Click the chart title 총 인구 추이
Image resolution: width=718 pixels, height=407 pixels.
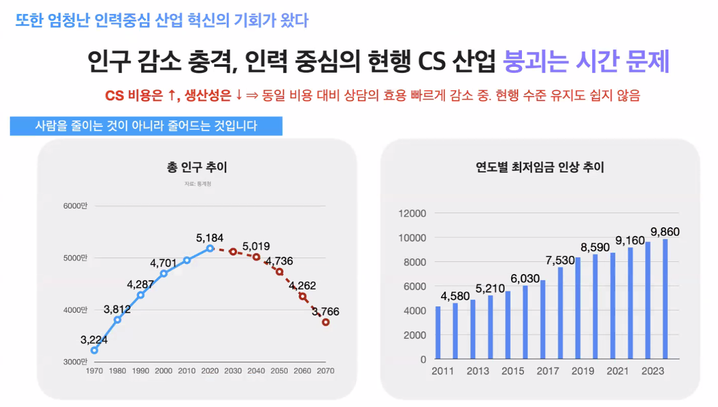197,167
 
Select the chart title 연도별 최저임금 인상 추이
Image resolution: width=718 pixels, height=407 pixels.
535,167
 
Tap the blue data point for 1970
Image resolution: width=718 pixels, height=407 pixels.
94,350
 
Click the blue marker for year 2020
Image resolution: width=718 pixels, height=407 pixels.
210,248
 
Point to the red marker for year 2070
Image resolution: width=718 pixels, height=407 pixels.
326,322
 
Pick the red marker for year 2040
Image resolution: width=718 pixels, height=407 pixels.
256,257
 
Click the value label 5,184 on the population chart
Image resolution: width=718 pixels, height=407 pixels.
209,237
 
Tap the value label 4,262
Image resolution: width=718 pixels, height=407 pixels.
302,285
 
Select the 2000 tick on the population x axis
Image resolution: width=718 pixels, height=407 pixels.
163,370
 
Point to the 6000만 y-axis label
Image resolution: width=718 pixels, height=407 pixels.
75,206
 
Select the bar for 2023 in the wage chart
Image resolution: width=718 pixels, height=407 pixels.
665,299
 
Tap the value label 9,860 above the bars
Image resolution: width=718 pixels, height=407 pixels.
665,232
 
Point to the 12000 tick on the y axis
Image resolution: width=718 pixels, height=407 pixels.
412,214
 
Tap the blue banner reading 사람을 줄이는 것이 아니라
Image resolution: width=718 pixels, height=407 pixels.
146,126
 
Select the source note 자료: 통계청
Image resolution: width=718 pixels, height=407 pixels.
197,183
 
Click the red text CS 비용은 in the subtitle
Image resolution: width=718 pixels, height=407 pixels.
134,96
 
